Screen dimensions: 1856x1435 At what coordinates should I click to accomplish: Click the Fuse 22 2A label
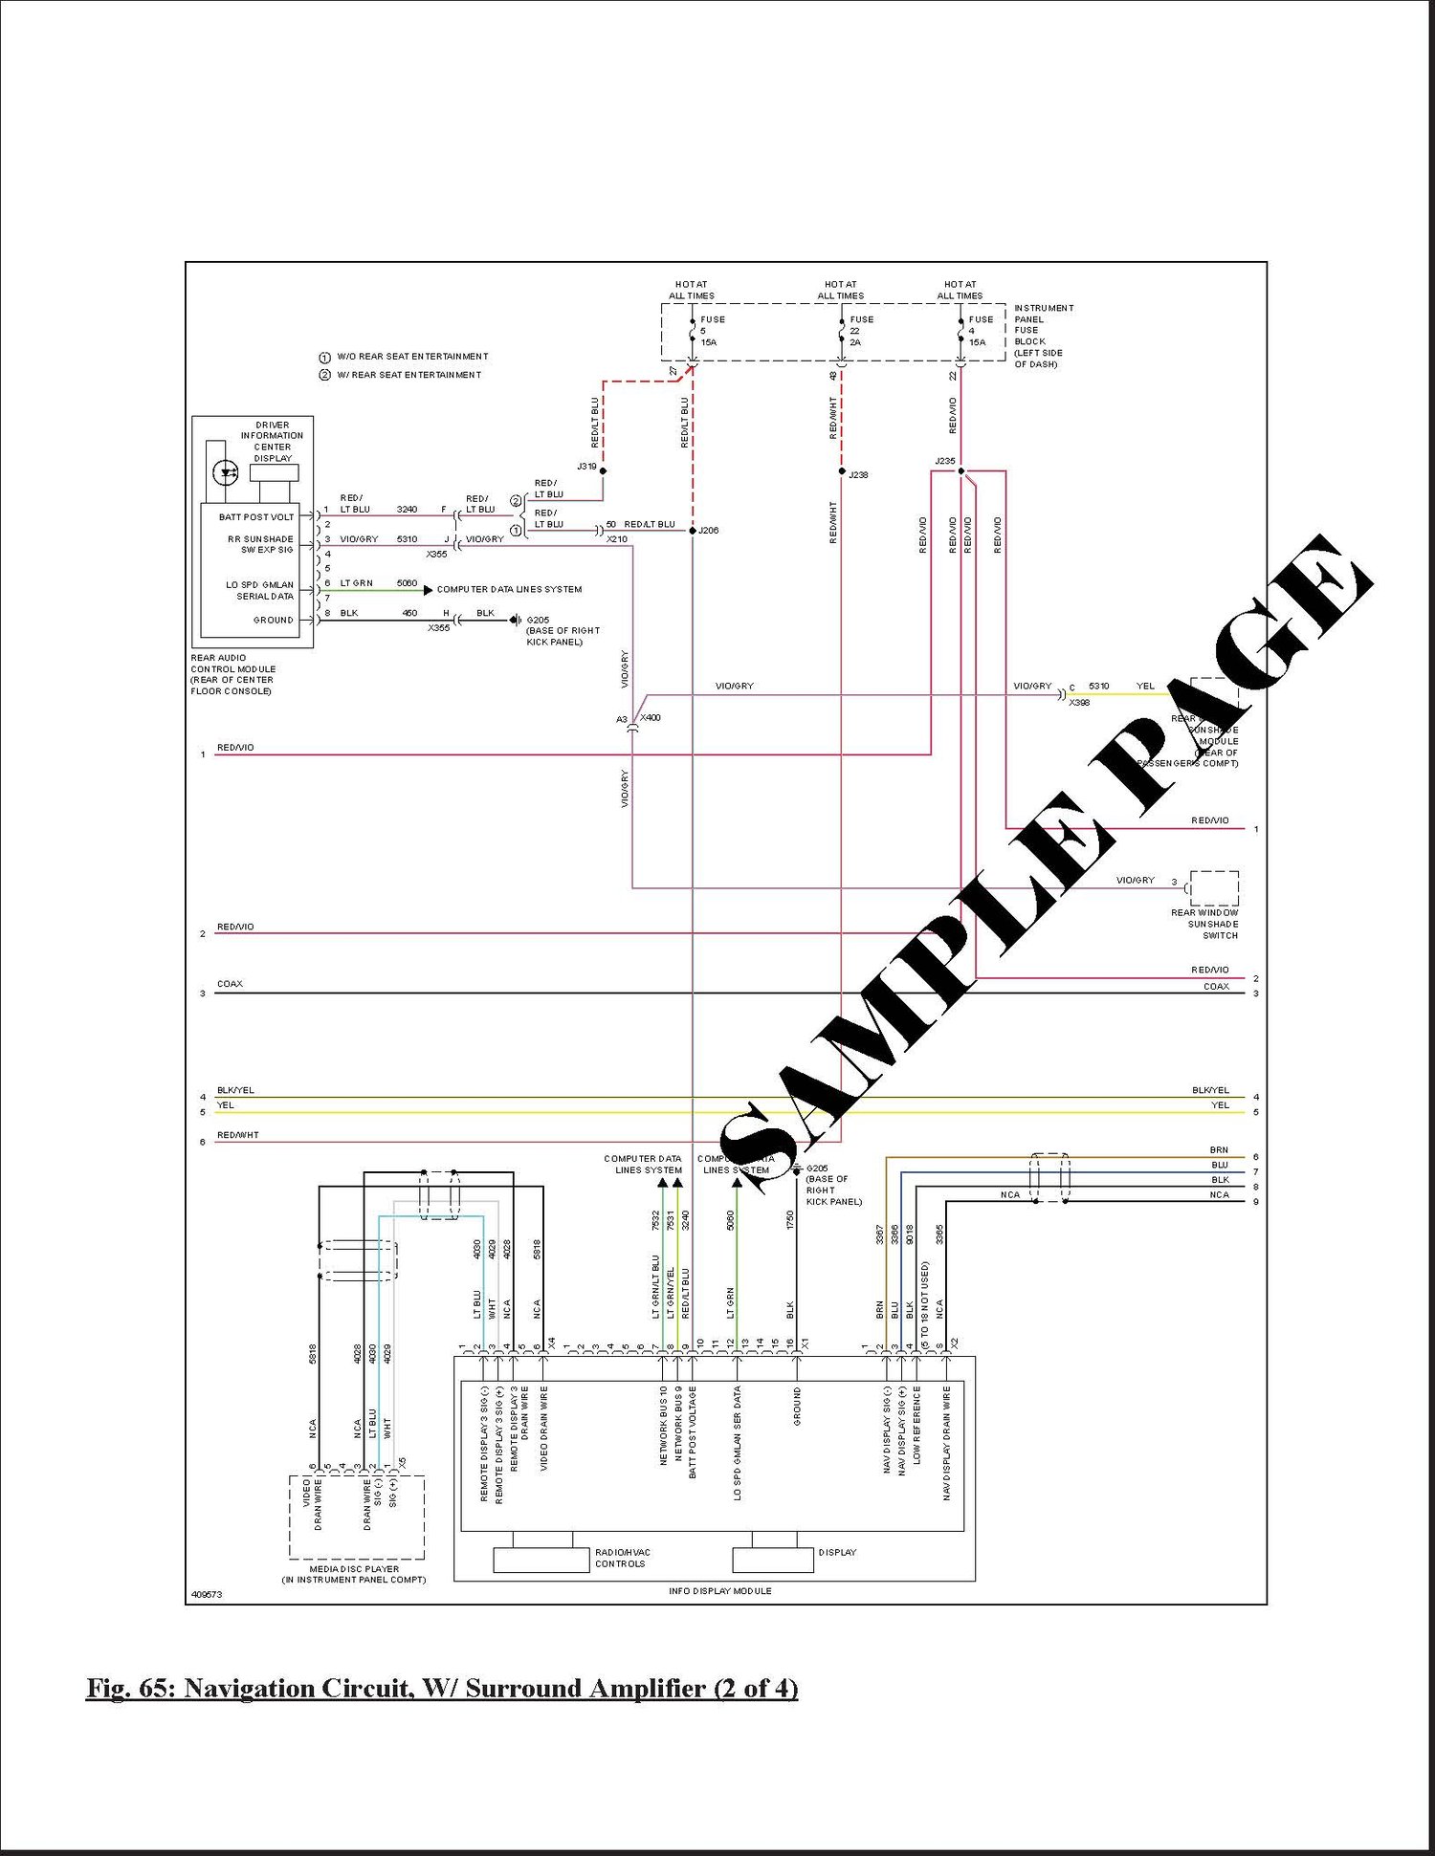(x=861, y=331)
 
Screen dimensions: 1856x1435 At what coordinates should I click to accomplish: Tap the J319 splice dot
(x=603, y=471)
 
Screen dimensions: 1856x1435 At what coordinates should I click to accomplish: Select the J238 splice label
(x=858, y=475)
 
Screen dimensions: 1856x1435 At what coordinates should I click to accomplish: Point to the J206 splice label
(x=708, y=531)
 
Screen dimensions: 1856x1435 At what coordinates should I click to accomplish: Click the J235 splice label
(x=944, y=462)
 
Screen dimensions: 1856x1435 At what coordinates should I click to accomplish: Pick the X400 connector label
(x=650, y=718)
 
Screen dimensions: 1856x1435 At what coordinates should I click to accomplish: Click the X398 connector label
(x=1078, y=703)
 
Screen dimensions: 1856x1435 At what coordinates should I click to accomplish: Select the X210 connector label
(x=617, y=539)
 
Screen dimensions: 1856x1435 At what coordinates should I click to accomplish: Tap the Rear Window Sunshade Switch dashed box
(x=1214, y=888)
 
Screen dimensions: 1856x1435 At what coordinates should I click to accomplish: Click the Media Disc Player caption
(x=354, y=1574)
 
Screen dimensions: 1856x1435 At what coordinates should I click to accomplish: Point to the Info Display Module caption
(x=719, y=1591)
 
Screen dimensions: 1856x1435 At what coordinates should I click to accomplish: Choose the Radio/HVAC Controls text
(x=622, y=1558)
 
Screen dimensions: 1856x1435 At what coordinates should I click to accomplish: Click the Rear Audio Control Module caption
(x=232, y=674)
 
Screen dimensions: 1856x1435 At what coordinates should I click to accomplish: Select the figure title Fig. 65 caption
(x=442, y=1689)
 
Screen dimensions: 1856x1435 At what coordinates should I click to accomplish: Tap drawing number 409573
(x=206, y=1594)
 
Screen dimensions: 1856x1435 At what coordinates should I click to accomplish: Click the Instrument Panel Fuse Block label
(x=1043, y=336)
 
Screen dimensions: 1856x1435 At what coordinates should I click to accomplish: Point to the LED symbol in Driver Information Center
(x=226, y=471)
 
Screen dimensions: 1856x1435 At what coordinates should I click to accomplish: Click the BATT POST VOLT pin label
(x=256, y=517)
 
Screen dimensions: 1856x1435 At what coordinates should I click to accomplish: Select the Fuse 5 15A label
(x=712, y=331)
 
